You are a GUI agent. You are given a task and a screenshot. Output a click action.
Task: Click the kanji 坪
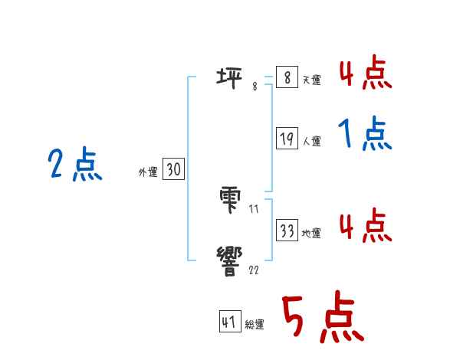(x=232, y=77)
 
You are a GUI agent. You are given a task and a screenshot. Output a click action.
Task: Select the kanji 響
(x=232, y=260)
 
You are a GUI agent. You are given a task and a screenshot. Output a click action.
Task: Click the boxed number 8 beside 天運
(x=286, y=77)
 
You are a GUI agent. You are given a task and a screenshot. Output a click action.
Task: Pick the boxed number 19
(x=287, y=139)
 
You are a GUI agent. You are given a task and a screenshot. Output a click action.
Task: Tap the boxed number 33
(x=287, y=230)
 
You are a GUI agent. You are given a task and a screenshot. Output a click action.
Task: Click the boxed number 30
(x=173, y=170)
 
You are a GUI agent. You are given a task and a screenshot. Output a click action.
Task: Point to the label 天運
(x=311, y=80)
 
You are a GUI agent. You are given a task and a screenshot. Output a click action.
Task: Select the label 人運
(x=311, y=142)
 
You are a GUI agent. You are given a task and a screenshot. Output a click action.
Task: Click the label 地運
(x=311, y=233)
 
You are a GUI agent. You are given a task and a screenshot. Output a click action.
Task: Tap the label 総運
(x=255, y=325)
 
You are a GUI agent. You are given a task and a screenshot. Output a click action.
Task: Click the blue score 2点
(x=75, y=165)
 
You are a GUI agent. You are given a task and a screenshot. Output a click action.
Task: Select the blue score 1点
(x=364, y=136)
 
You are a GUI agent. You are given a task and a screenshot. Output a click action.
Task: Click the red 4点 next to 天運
(x=365, y=74)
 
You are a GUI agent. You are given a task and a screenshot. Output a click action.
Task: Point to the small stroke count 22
(x=253, y=270)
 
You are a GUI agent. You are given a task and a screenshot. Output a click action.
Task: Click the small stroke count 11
(x=253, y=208)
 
